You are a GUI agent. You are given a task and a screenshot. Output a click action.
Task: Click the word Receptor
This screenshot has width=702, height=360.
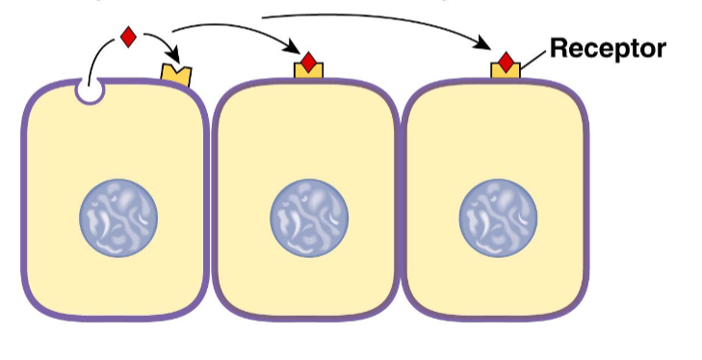[607, 48]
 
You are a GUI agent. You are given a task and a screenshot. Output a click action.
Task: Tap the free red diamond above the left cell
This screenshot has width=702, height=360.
[127, 38]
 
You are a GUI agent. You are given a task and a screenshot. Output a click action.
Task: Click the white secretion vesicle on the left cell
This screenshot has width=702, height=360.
[89, 92]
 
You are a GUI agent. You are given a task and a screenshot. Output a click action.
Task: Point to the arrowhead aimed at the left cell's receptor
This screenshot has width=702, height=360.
[176, 58]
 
